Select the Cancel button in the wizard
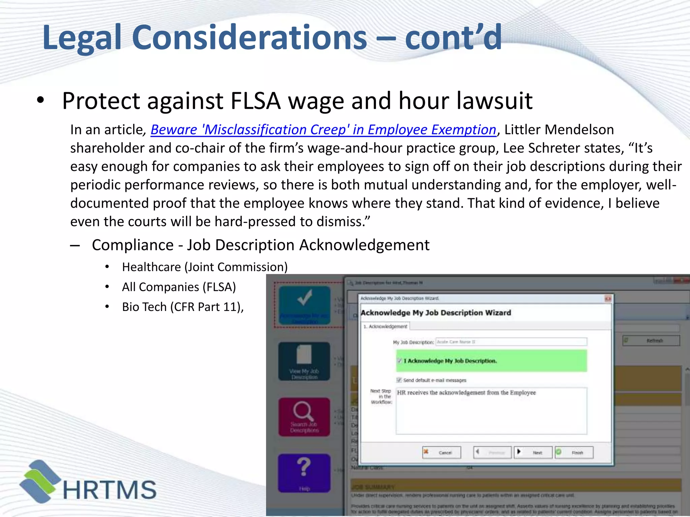442,452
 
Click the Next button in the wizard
533,452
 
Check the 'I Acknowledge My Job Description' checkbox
400,361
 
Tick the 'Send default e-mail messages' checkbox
399,380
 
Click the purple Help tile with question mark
304,473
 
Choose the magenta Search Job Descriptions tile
304,417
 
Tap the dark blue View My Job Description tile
304,361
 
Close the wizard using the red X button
608,299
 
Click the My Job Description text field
511,342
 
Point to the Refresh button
651,341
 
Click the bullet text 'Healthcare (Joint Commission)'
205,267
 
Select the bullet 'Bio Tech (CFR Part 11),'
183,307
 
